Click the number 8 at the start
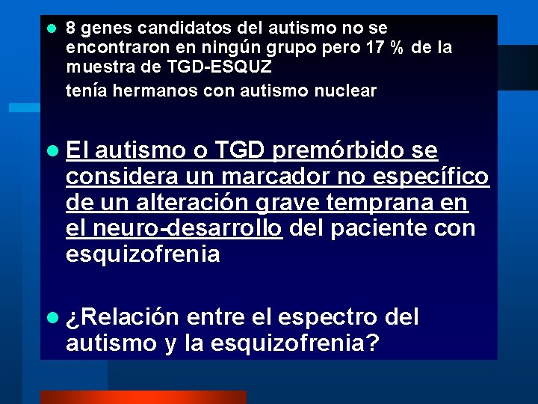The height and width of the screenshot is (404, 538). [71, 28]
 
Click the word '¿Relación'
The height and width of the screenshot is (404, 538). [123, 318]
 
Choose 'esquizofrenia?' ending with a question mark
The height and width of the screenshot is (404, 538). [296, 343]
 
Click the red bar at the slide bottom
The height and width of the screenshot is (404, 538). [143, 397]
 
